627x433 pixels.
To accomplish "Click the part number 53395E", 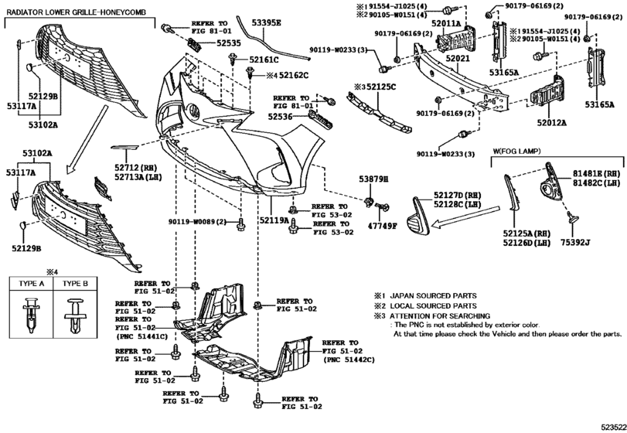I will click(x=260, y=24).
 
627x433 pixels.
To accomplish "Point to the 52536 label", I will click(x=282, y=118).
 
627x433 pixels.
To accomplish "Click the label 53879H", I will click(x=373, y=179).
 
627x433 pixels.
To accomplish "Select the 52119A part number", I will click(x=274, y=220).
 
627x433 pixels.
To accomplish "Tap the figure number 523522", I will click(x=607, y=425).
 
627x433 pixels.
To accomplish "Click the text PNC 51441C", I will click(x=142, y=338).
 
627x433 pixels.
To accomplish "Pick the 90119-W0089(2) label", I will click(x=197, y=223).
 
